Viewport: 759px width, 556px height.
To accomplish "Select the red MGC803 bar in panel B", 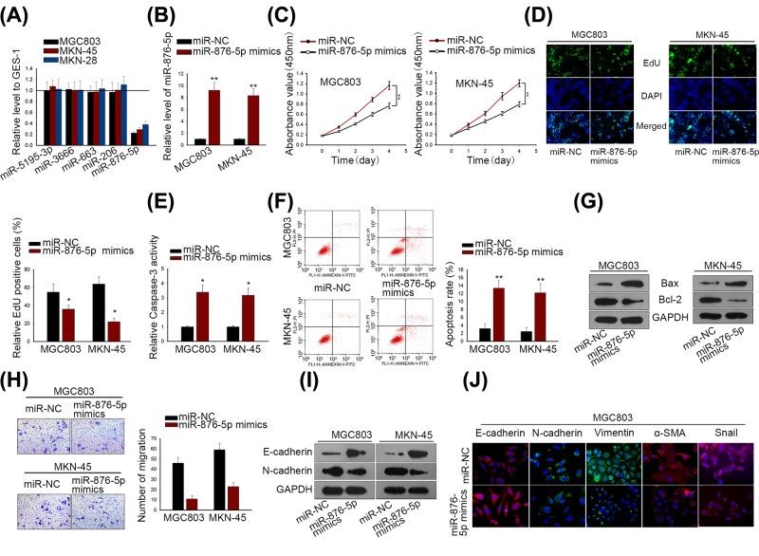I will tap(214, 115).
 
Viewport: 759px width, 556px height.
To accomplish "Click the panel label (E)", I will tap(163, 213).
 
